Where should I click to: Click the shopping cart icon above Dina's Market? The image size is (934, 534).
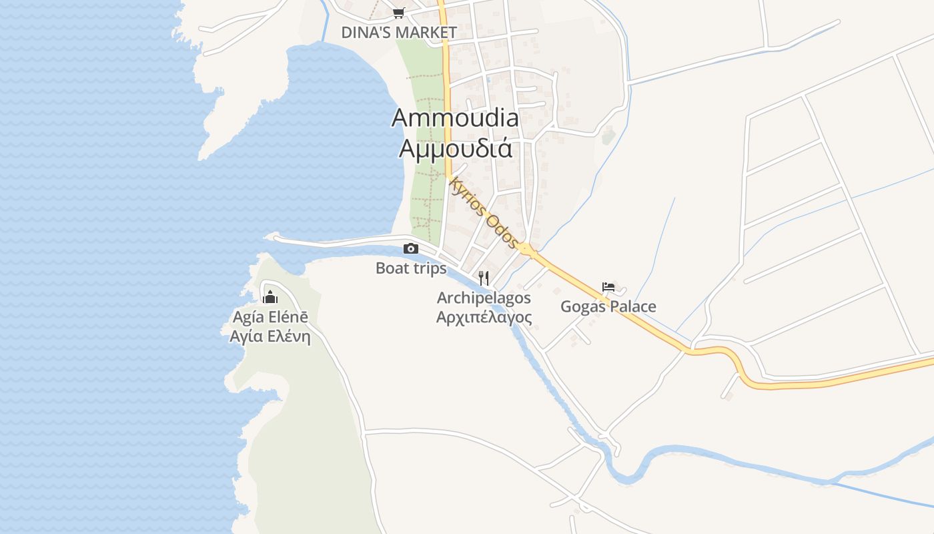tap(398, 13)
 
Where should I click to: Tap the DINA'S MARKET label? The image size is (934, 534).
tap(399, 32)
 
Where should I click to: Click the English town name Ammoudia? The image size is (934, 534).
tap(455, 117)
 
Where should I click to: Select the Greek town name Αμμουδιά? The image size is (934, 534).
tap(456, 148)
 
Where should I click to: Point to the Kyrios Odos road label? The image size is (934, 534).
tap(484, 212)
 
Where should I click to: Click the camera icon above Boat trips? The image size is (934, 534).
tap(411, 249)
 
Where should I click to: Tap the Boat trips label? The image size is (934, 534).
tap(411, 268)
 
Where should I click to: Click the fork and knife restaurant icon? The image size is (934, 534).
tap(484, 278)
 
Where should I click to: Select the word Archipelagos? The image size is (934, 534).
tap(484, 298)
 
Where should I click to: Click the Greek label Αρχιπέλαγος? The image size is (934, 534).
tap(484, 317)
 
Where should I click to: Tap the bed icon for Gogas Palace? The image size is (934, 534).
tap(608, 287)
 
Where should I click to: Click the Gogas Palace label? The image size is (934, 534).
tap(608, 307)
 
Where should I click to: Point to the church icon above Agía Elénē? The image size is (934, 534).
tap(270, 297)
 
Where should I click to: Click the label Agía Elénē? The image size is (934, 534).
tap(270, 317)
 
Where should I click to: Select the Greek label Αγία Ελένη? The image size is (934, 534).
tap(270, 336)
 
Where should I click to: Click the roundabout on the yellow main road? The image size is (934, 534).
tap(527, 250)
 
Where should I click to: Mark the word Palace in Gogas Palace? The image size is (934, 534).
tap(632, 307)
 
